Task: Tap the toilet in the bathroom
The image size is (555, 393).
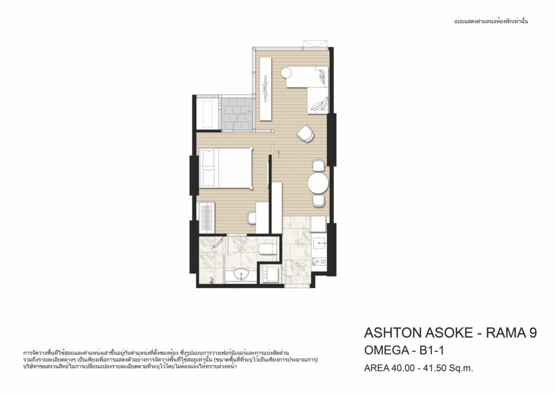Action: pyautogui.click(x=268, y=249)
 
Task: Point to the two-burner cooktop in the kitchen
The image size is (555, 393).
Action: pyautogui.click(x=320, y=261)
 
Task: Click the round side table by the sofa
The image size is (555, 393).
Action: pyautogui.click(x=286, y=73)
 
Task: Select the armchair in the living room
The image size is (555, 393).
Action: pyautogui.click(x=305, y=133)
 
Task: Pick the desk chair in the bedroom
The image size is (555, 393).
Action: pyautogui.click(x=251, y=218)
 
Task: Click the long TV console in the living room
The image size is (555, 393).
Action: pyautogui.click(x=266, y=88)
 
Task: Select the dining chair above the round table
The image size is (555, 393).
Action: pyautogui.click(x=319, y=166)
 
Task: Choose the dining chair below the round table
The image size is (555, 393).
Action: pyautogui.click(x=319, y=201)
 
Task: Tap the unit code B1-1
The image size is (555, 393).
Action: pyautogui.click(x=431, y=350)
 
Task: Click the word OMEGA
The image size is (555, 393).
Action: pyautogui.click(x=386, y=350)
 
